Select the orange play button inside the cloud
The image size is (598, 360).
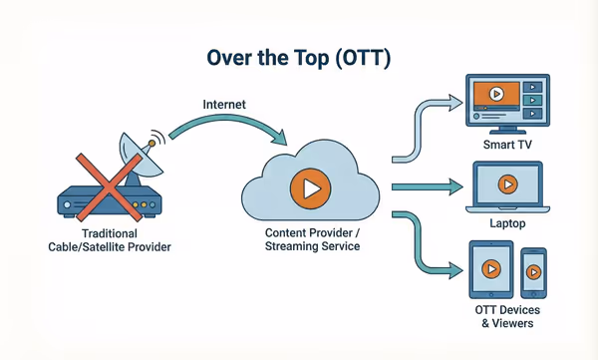point(308,186)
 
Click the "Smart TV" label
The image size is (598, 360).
point(509,147)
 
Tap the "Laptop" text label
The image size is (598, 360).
point(509,223)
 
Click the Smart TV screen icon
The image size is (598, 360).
point(509,100)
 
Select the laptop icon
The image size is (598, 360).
point(509,189)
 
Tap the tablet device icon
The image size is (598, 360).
point(491,269)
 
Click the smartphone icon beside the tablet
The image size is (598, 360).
point(534,273)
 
